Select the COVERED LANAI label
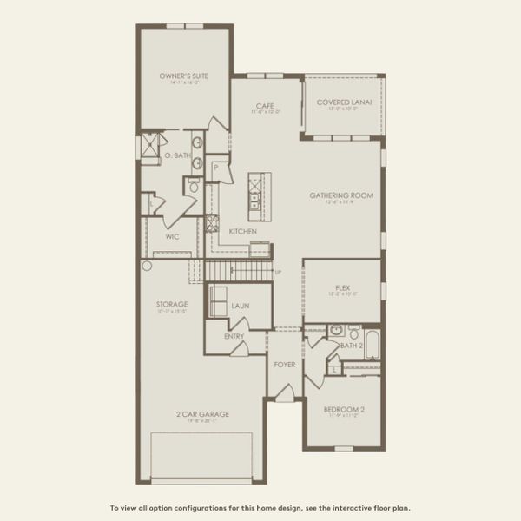coord(345,102)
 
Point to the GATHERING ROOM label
coord(341,195)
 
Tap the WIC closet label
coord(172,235)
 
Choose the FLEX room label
coord(342,287)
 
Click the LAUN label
coord(241,306)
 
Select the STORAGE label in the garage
coord(173,304)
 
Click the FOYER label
coord(284,364)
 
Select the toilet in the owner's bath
coord(193,186)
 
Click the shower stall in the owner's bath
coord(152,144)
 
